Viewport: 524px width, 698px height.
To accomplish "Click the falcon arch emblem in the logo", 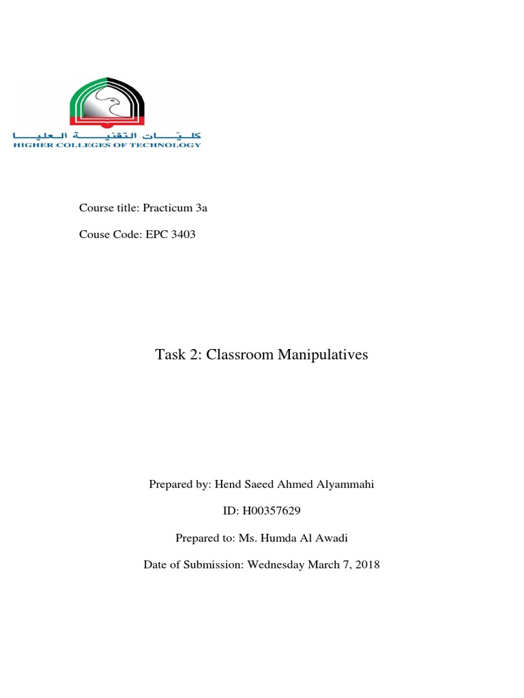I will pyautogui.click(x=108, y=102).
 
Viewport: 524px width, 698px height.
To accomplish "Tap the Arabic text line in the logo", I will pyautogui.click(x=108, y=135).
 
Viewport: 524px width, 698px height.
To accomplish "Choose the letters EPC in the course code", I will pyautogui.click(x=156, y=234).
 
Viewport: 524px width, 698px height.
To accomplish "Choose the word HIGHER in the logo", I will pyautogui.click(x=29, y=145).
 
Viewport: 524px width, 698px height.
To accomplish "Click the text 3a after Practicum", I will pyautogui.click(x=201, y=208).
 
